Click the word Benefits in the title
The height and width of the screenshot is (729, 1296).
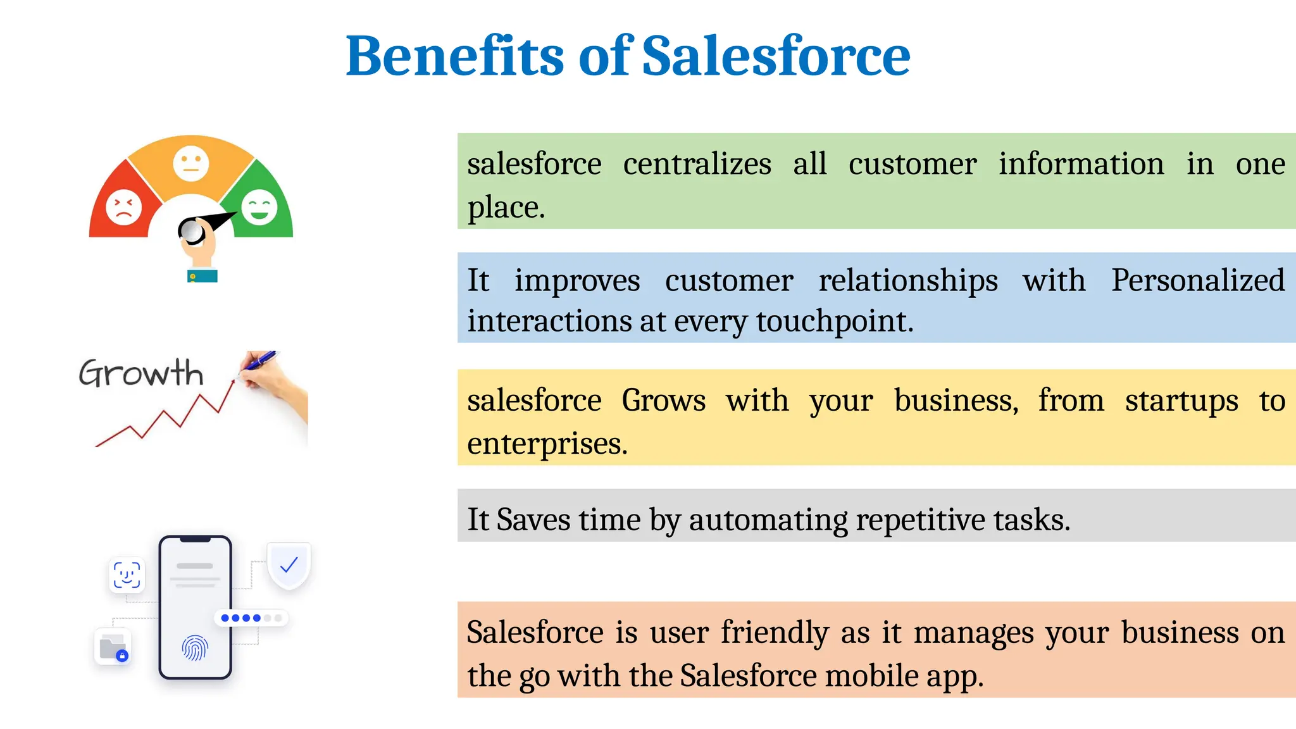pos(454,57)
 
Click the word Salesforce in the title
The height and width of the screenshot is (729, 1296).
pos(776,57)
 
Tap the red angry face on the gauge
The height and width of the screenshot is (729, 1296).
pos(123,207)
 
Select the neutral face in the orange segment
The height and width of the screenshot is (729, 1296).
pos(190,163)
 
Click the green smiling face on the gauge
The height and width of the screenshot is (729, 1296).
pos(259,207)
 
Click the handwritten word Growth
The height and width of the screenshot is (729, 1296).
pos(141,373)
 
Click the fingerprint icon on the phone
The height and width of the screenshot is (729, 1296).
pos(195,648)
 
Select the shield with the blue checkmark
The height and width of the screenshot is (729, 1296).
pos(289,564)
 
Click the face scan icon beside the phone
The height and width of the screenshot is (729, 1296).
pos(127,575)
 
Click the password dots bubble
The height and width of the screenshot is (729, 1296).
pos(251,618)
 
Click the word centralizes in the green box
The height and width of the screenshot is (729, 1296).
pos(697,165)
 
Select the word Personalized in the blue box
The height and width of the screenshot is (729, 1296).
pos(1198,280)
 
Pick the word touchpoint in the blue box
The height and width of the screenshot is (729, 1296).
pos(834,321)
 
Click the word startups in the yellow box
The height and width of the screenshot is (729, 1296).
pos(1181,401)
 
